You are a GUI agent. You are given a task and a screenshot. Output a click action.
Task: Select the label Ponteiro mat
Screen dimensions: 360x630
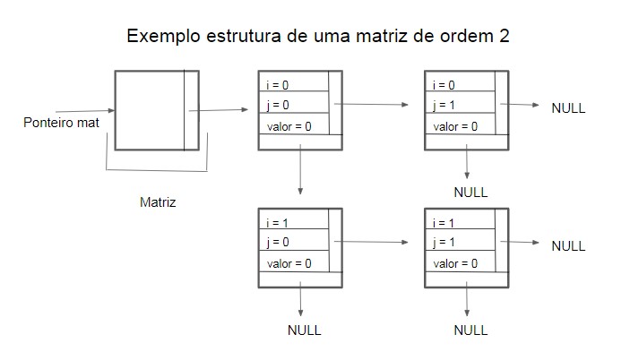point(61,122)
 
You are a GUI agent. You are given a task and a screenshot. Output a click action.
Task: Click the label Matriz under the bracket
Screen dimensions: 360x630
point(158,202)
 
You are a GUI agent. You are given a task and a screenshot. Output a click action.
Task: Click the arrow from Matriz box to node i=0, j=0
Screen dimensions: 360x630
point(220,110)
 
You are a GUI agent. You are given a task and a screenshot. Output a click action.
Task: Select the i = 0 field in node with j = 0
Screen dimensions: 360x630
point(292,85)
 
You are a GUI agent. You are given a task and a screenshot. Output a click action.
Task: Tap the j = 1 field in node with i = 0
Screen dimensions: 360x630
point(461,106)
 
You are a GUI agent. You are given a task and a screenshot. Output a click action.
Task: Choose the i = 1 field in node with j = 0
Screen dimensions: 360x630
point(292,222)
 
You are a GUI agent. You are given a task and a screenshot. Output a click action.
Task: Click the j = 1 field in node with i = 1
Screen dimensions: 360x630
point(461,243)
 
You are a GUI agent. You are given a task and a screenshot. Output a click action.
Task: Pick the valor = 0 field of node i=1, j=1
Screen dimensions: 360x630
point(461,263)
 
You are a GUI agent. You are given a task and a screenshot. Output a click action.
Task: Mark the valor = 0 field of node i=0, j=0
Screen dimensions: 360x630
point(292,126)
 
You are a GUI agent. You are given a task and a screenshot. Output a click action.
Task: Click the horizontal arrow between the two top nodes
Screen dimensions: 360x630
point(383,105)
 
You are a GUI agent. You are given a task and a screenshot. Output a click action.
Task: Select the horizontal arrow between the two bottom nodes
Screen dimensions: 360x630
point(383,242)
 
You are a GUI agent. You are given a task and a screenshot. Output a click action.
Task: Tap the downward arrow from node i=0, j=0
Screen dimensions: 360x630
point(299,170)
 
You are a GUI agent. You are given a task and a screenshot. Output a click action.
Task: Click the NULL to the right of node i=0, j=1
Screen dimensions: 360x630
point(568,107)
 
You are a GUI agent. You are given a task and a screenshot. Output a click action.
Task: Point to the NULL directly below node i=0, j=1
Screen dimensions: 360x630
point(470,192)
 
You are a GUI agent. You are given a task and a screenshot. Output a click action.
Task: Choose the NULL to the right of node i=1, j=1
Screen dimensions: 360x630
point(568,245)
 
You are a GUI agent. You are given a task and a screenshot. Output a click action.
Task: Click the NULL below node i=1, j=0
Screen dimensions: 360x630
point(304,330)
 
